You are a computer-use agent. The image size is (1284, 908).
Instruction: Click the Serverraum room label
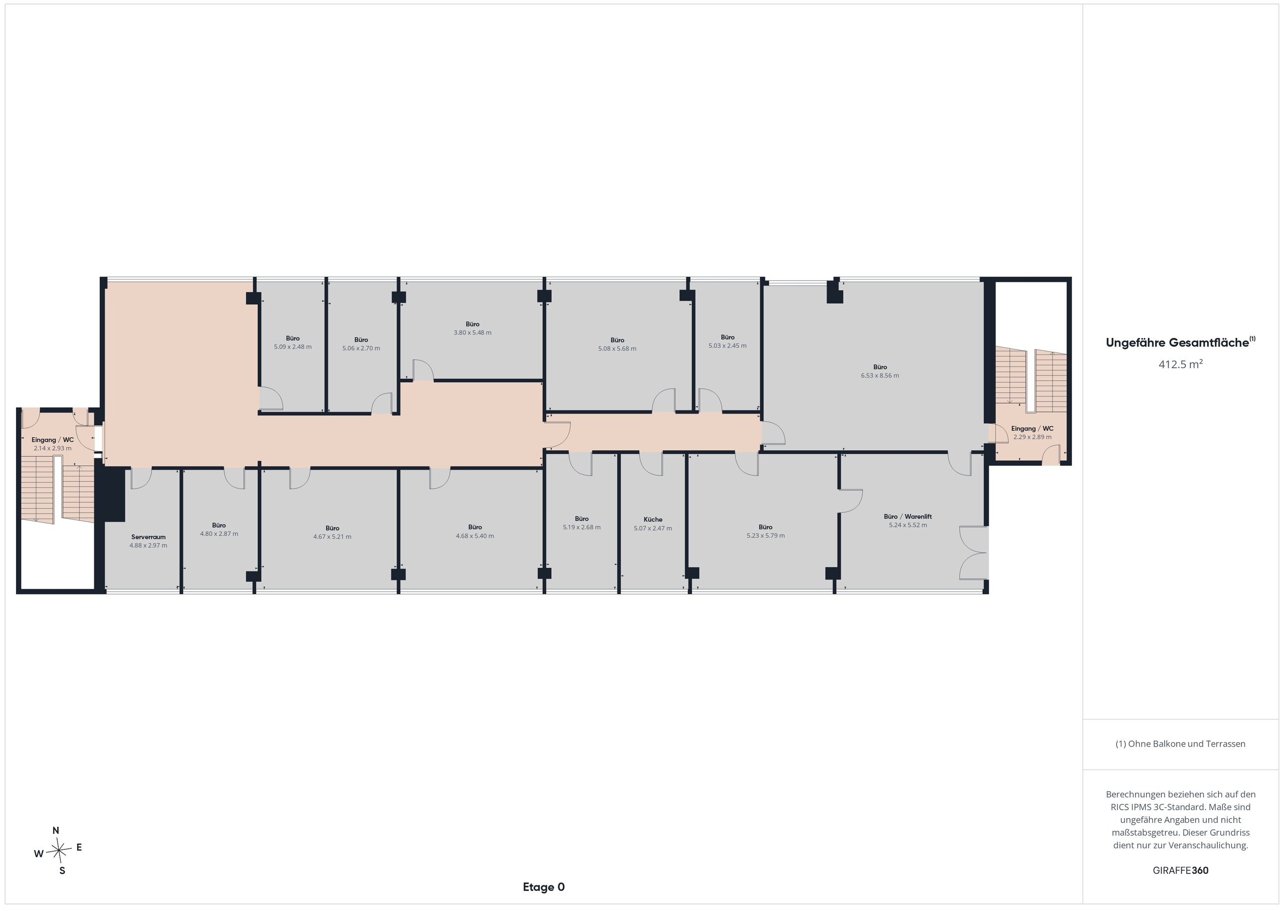pos(148,537)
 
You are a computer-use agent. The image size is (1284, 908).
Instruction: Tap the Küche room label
pos(653,519)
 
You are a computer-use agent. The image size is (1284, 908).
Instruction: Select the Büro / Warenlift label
pos(908,516)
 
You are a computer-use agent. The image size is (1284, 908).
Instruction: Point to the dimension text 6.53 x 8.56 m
pos(880,376)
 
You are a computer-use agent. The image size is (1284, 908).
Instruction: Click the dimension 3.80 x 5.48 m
pos(472,333)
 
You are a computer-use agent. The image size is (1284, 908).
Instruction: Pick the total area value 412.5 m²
pos(1181,364)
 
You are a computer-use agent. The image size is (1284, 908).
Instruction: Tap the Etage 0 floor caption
pos(544,887)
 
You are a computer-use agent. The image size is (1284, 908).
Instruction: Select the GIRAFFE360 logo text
pos(1181,870)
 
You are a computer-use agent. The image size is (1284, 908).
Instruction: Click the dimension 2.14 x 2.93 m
pos(53,448)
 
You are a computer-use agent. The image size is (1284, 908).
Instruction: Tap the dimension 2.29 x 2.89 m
pos(1032,437)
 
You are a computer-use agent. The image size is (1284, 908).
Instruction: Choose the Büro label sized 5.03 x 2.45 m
pos(728,337)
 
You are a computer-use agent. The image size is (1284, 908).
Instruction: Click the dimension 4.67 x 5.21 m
pos(332,537)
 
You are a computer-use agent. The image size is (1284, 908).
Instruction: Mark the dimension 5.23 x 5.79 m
pos(765,535)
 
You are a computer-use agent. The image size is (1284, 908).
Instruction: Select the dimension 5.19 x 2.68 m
pos(582,527)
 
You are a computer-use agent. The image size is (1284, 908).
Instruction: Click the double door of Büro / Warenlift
pos(974,553)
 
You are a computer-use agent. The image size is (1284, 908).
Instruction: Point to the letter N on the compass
pos(56,831)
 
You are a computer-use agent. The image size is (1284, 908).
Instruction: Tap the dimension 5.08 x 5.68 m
pos(617,349)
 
